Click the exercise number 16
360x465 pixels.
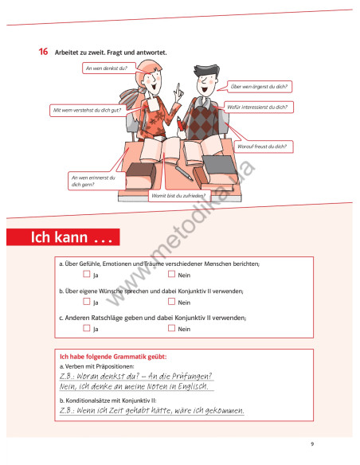[44, 52]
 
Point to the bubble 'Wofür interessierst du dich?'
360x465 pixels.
[256, 106]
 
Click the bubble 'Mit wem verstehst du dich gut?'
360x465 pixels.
[85, 109]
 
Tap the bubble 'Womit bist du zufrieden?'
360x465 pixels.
[179, 195]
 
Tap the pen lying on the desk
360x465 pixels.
[182, 172]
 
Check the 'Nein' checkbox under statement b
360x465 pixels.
[171, 301]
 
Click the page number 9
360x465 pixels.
[312, 444]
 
